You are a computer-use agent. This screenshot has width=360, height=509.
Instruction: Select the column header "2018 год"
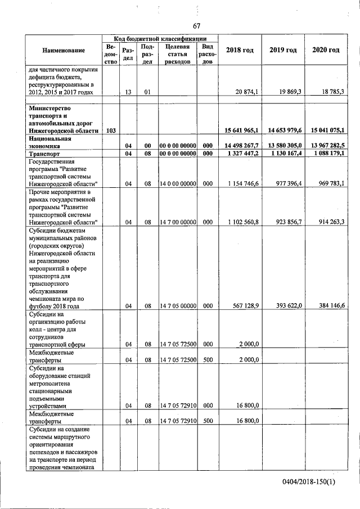pos(240,50)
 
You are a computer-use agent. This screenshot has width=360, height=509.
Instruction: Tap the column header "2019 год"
pos(283,50)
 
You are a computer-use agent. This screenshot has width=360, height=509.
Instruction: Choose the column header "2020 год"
pos(326,50)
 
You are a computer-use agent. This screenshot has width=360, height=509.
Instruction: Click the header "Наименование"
pos(63,51)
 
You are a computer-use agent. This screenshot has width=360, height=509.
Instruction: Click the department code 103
pos(110,130)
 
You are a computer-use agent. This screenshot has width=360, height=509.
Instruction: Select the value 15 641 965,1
pos(241,130)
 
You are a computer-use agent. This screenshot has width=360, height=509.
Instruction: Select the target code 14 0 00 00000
pos(178,183)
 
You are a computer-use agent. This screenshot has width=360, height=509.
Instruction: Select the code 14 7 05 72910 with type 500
pos(178,420)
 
